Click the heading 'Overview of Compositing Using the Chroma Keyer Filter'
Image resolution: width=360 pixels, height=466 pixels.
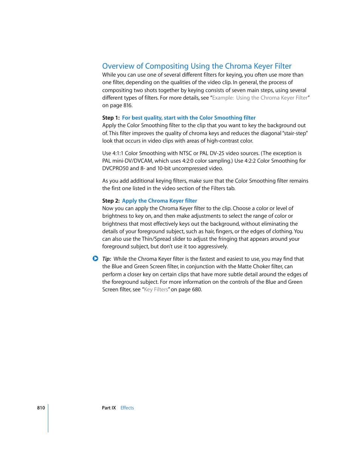pos(197,66)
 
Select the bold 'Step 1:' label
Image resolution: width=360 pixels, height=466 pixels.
pos(111,118)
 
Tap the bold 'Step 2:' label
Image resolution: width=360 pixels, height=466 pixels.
pos(111,201)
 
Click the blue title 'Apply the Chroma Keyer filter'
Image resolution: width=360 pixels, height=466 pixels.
pos(159,201)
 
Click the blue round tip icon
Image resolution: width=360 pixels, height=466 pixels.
pos(95,258)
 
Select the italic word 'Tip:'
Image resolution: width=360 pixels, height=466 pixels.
pos(106,259)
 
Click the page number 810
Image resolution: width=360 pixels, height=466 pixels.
pos(41,408)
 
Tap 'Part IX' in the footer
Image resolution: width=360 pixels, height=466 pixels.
pos(109,408)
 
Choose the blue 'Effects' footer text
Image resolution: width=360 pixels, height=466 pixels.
pos(127,408)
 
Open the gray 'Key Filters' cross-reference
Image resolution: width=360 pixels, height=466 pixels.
pos(156,289)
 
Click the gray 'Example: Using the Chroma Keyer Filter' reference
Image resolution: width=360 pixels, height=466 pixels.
pos(260,98)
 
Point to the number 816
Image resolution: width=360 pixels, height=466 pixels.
pos(127,105)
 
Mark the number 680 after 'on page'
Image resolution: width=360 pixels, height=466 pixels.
pos(196,289)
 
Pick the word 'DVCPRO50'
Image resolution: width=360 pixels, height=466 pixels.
pos(115,168)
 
